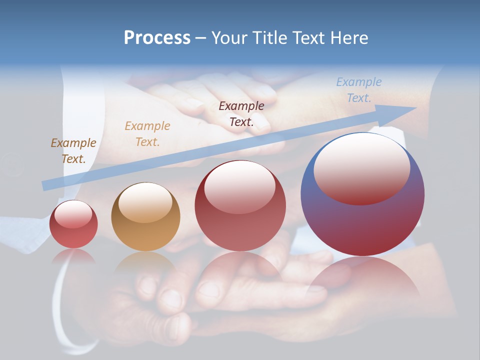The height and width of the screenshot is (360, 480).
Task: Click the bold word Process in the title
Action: point(157,38)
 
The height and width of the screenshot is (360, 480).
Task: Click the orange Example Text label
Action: point(147,134)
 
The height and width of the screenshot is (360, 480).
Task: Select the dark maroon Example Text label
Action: point(241,113)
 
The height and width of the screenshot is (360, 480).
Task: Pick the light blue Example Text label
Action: point(359,90)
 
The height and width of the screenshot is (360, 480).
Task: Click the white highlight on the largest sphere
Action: point(361,167)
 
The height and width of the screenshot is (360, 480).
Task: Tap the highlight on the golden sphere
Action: point(145,202)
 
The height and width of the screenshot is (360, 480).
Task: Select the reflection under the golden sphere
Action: point(145,265)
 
